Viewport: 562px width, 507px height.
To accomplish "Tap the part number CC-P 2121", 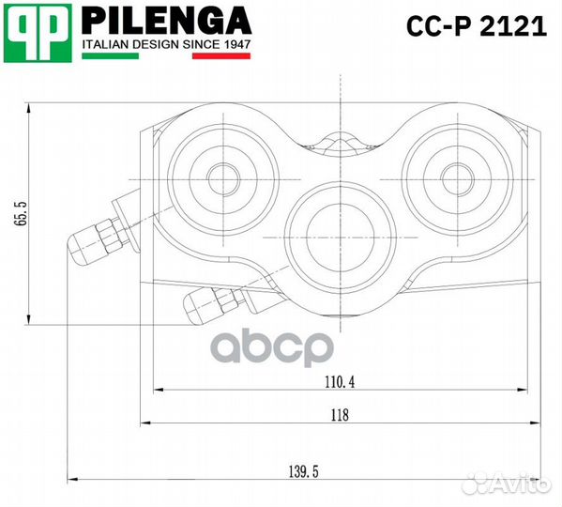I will (475, 25).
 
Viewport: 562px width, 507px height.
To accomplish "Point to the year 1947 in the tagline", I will (232, 43).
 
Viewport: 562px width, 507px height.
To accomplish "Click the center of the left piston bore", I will (223, 177).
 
